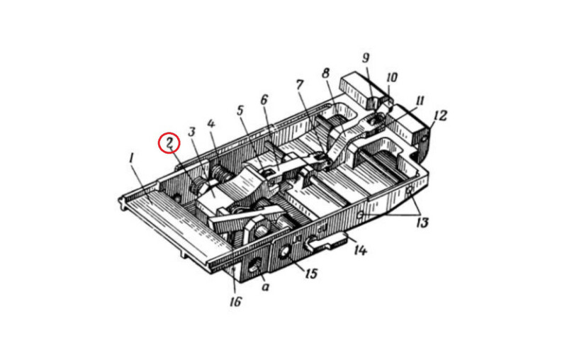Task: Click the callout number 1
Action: pyautogui.click(x=132, y=159)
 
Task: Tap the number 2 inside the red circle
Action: pyautogui.click(x=169, y=142)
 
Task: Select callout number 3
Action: pyautogui.click(x=191, y=132)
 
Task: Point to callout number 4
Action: pyautogui.click(x=210, y=124)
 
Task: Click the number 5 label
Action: pyautogui.click(x=240, y=111)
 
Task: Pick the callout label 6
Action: pyautogui.click(x=264, y=99)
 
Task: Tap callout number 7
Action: pyautogui.click(x=300, y=85)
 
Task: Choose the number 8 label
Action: pyautogui.click(x=326, y=74)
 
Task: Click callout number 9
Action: pyautogui.click(x=366, y=58)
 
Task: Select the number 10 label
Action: pyautogui.click(x=392, y=77)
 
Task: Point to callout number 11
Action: pyautogui.click(x=419, y=101)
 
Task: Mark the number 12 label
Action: pyautogui.click(x=440, y=116)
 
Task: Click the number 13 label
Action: pyautogui.click(x=422, y=223)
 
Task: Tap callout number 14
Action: pyautogui.click(x=360, y=249)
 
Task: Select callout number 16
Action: pyautogui.click(x=235, y=301)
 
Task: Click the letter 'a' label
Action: pyautogui.click(x=265, y=287)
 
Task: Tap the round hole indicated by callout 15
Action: pyautogui.click(x=283, y=251)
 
